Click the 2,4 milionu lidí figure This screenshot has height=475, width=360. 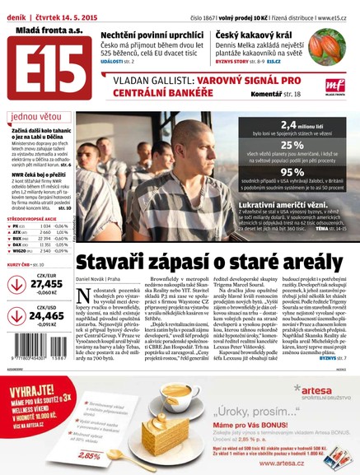click(x=298, y=125)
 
